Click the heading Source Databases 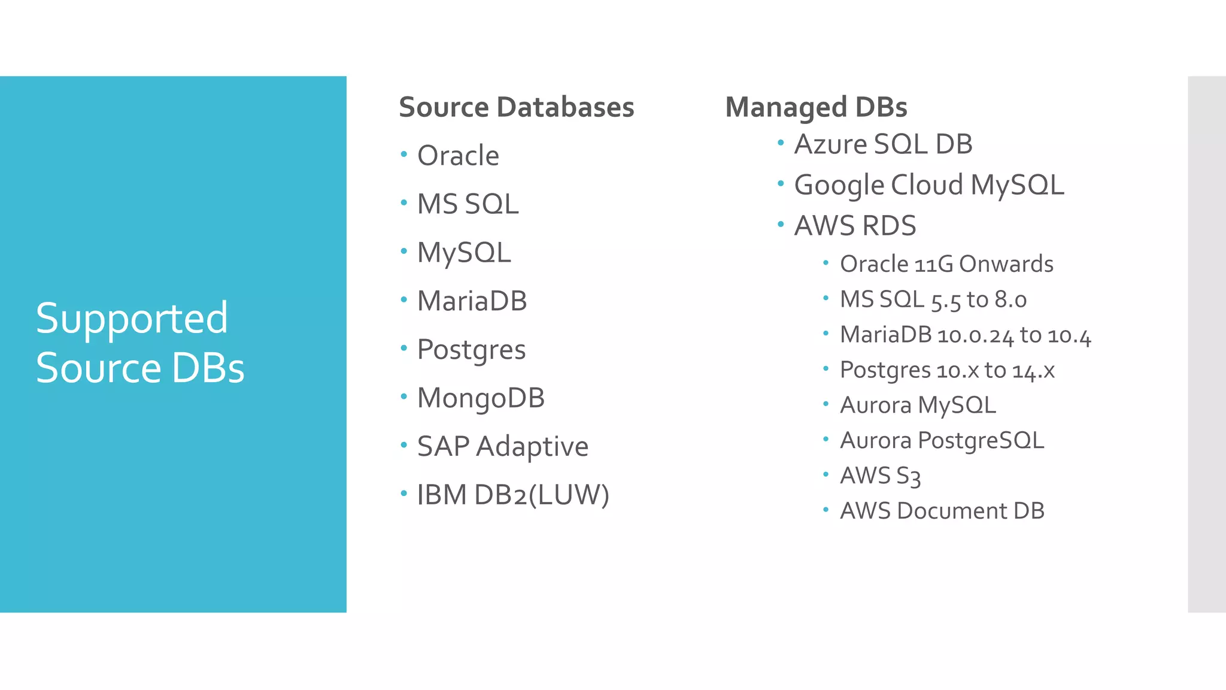(x=516, y=108)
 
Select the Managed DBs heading (x=816, y=108)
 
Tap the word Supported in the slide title (x=132, y=318)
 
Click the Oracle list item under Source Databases (x=458, y=156)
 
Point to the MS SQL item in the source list (x=468, y=204)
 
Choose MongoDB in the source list (x=481, y=398)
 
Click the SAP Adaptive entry (x=502, y=447)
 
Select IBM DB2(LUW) (x=513, y=495)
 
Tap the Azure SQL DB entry (x=883, y=144)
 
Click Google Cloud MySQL (x=928, y=185)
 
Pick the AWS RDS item (x=855, y=226)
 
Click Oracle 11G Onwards (x=946, y=264)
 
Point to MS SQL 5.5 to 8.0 (x=933, y=299)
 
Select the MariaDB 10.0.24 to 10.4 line (x=965, y=335)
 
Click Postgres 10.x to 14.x (x=946, y=370)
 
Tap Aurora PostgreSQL (x=942, y=441)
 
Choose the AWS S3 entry (x=880, y=476)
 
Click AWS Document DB (x=942, y=511)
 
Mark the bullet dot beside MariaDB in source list (x=404, y=299)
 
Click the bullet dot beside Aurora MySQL (x=826, y=404)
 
